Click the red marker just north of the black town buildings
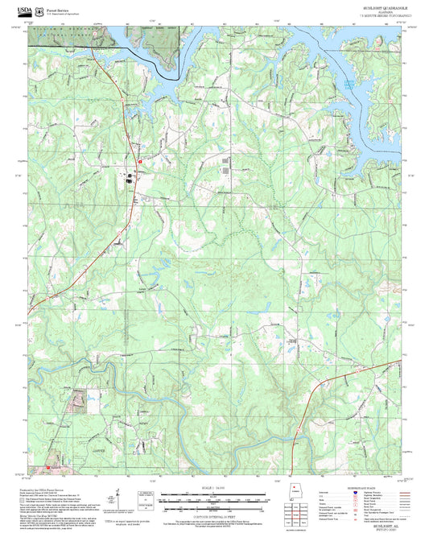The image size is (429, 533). point(139,162)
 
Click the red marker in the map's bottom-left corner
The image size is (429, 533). point(47,466)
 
